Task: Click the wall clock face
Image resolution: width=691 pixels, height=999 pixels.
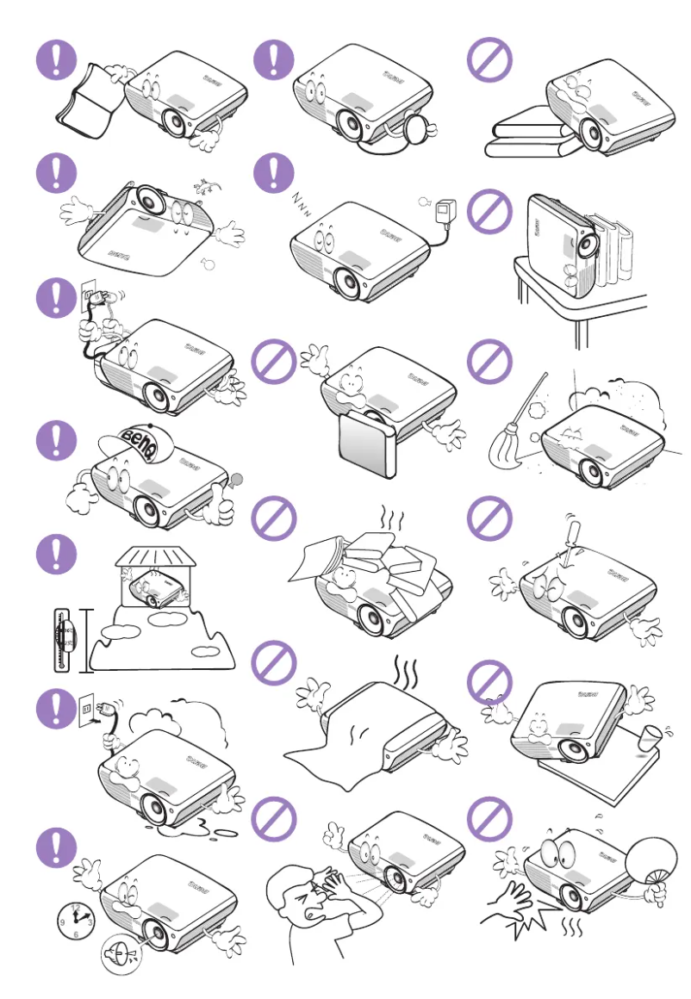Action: pos(75,921)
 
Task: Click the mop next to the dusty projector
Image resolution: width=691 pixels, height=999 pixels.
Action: pos(514,435)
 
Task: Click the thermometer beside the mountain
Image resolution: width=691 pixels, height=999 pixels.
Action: pos(61,638)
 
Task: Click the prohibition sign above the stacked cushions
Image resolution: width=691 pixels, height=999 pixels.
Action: pos(489,59)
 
